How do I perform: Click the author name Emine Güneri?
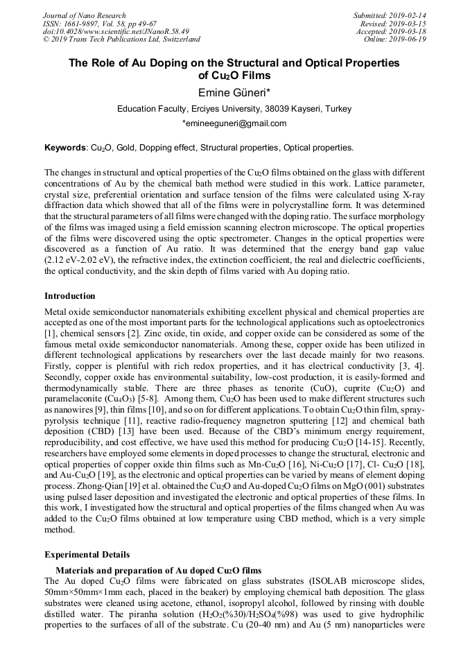pyautogui.click(x=234, y=93)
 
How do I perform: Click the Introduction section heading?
pyautogui.click(x=70, y=296)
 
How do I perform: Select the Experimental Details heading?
pyautogui.click(x=87, y=555)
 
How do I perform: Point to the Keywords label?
pyautogui.click(x=65, y=148)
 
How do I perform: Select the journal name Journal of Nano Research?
pyautogui.click(x=85, y=15)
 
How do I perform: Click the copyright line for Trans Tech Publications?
pyautogui.click(x=121, y=40)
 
